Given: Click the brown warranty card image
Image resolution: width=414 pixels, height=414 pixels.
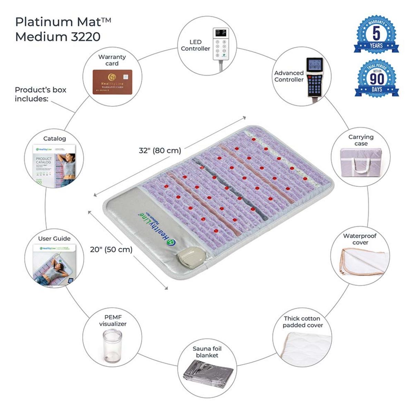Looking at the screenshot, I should click(x=112, y=82).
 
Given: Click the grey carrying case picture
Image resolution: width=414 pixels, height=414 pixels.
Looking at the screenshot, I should click(x=361, y=162).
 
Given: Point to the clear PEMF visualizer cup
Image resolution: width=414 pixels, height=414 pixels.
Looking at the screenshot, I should click(x=112, y=347).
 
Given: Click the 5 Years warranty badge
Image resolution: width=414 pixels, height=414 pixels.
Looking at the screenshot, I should click(x=376, y=35).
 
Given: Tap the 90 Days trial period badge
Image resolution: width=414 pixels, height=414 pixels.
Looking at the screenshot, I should click(x=376, y=79).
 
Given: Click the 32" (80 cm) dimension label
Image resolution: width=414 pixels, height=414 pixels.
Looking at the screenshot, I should click(x=160, y=151).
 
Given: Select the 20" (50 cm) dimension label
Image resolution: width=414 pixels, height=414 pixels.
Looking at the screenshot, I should click(x=111, y=249).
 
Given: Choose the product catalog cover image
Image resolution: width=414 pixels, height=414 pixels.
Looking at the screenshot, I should click(x=55, y=165).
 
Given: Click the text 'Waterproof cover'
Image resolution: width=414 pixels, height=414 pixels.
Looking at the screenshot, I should click(x=360, y=239).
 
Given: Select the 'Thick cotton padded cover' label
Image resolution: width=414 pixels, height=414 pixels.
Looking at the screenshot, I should click(x=302, y=322).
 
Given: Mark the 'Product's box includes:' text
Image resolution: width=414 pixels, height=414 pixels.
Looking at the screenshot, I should click(x=40, y=94).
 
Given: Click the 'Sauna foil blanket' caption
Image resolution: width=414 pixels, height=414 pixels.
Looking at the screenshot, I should click(x=207, y=352).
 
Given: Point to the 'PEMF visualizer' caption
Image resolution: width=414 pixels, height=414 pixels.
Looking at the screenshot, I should click(x=113, y=321).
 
